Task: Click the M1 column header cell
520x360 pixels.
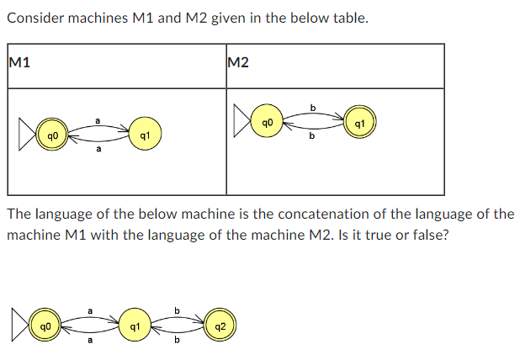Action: click(116, 66)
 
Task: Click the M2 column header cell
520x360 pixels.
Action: click(334, 66)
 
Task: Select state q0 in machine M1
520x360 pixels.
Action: click(52, 134)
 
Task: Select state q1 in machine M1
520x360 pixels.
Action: click(145, 134)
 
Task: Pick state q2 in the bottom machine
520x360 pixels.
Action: click(220, 325)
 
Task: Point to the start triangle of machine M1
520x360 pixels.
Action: click(27, 134)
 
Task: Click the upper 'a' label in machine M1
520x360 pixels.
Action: click(98, 121)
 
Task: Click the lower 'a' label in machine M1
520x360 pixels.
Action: click(98, 150)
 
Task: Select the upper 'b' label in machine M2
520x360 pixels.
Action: click(313, 108)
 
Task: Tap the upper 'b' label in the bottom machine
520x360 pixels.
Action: click(176, 311)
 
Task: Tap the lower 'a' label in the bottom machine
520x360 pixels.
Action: click(89, 341)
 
